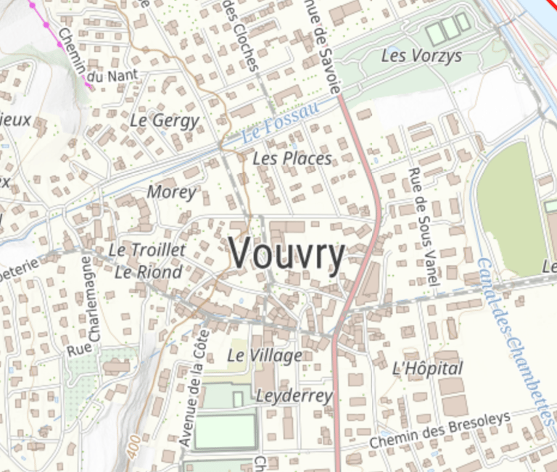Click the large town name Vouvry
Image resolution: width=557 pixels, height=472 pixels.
[x=287, y=254]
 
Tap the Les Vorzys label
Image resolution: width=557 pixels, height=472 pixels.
[x=421, y=56]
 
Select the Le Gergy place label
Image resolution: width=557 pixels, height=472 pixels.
[x=165, y=120]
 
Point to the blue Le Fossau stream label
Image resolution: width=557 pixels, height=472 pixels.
[x=279, y=123]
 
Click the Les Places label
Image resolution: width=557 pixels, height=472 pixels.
[x=292, y=158]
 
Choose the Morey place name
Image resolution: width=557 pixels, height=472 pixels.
[x=172, y=192]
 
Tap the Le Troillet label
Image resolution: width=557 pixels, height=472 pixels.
[x=147, y=249]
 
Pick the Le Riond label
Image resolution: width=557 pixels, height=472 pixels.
[x=148, y=272]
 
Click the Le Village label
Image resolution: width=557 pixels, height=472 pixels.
[x=264, y=355]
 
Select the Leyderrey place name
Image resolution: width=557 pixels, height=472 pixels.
[x=294, y=396]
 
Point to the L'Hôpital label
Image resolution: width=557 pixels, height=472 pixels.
[x=426, y=368]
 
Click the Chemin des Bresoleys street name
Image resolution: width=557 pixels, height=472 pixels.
[x=440, y=430]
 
